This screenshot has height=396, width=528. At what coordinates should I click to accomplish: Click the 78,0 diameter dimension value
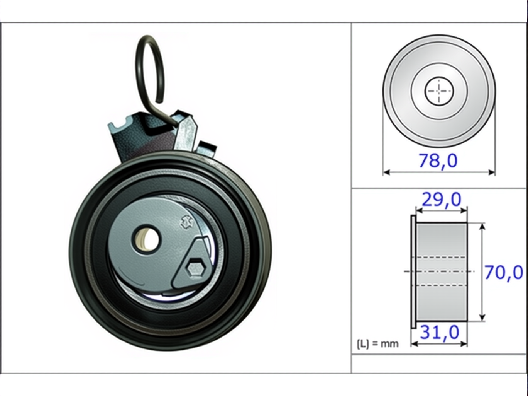pos(438,161)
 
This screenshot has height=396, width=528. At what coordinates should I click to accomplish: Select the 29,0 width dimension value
pos(442,199)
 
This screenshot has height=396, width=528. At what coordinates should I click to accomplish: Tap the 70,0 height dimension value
pos(504,273)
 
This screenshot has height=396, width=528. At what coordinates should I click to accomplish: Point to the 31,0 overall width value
pos(440,333)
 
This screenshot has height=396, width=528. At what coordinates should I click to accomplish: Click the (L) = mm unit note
pos(377,344)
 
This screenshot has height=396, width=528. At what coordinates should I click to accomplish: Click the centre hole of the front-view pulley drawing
pos(439,91)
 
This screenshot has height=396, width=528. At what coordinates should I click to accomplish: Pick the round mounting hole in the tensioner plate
pos(147,240)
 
